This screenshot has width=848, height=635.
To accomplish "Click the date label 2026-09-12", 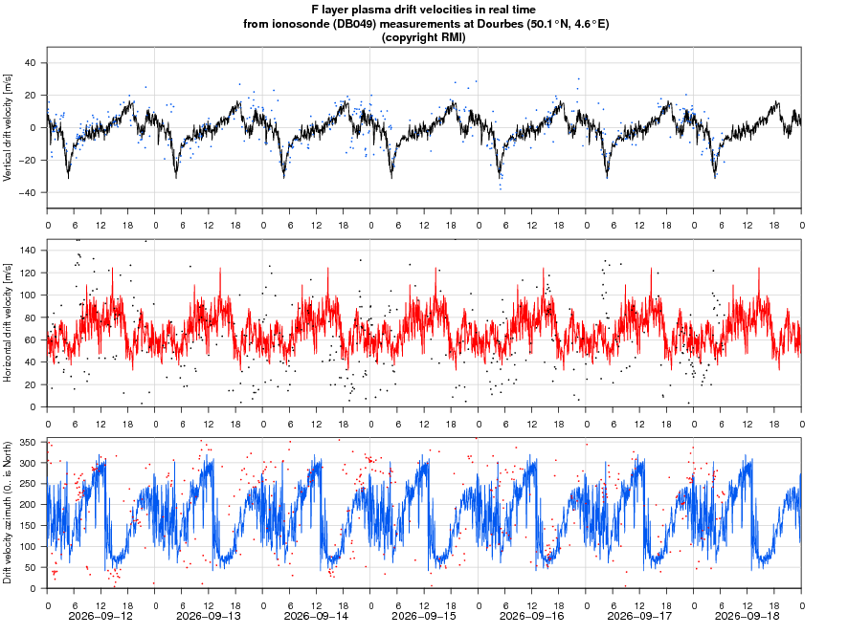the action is [x=100, y=616].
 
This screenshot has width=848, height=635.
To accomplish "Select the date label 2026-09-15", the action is [x=423, y=616].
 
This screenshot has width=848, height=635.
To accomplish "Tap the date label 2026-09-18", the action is [x=747, y=616].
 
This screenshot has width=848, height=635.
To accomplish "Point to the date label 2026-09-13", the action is [x=209, y=616].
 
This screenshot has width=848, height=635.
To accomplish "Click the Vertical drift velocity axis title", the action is [x=7, y=127].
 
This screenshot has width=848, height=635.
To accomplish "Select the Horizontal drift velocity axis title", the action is [x=7, y=322].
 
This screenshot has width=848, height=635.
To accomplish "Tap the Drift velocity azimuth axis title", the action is [x=7, y=513].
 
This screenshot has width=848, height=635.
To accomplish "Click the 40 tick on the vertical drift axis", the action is [x=31, y=63].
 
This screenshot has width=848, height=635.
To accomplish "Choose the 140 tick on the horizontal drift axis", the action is [x=29, y=251].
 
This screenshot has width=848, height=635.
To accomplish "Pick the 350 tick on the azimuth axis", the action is [x=29, y=443].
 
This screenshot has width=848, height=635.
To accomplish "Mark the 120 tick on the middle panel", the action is [x=29, y=273].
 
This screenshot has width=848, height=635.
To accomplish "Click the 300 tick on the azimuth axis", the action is [x=29, y=463].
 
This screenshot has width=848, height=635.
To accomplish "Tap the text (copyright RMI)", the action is [x=423, y=37].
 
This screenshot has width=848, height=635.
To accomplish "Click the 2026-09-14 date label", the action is [x=316, y=616].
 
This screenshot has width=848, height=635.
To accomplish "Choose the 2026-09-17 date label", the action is [x=639, y=616].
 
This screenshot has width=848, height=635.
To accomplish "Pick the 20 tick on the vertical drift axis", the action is [x=31, y=95].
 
